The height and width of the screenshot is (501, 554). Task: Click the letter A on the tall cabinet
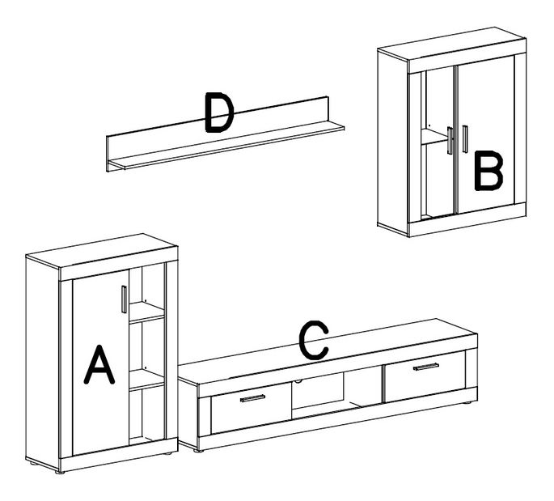pyautogui.click(x=99, y=364)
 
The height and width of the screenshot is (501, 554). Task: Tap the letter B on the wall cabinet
pyautogui.click(x=488, y=171)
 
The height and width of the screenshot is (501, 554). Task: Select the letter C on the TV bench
pyautogui.click(x=313, y=340)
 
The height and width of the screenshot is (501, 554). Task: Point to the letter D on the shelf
pyautogui.click(x=219, y=113)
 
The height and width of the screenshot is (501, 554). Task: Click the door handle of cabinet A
pyautogui.click(x=124, y=299)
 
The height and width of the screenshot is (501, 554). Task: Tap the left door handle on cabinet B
pyautogui.click(x=450, y=140)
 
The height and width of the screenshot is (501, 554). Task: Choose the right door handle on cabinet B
pyautogui.click(x=465, y=139)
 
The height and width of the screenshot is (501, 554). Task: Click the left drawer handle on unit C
pyautogui.click(x=252, y=398)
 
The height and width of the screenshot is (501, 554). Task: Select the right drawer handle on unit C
pyautogui.click(x=426, y=367)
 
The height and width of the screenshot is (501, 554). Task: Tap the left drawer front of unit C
pyautogui.click(x=252, y=409)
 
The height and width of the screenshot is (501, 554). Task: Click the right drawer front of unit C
pyautogui.click(x=425, y=376)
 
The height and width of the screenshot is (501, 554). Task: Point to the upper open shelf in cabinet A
pyautogui.click(x=146, y=312)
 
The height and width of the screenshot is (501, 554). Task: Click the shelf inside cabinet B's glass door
pyautogui.click(x=434, y=137)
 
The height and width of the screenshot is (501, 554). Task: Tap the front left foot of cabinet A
pyautogui.click(x=60, y=472)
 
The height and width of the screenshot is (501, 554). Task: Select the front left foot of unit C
pyautogui.click(x=199, y=451)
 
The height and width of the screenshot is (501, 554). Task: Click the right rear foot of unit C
pyautogui.click(x=467, y=402)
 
